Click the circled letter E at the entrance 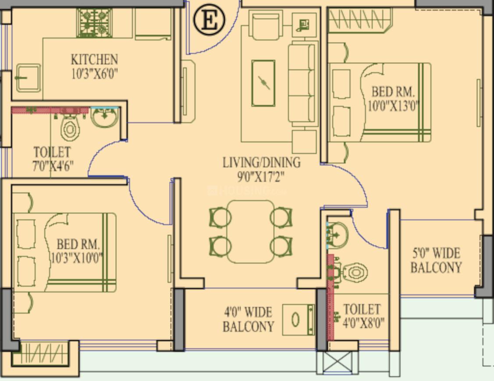(x=209, y=20)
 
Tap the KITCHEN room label (x=94, y=59)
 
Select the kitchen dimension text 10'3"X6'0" (x=94, y=73)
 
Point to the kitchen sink (x=28, y=78)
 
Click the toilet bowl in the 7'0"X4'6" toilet (x=70, y=128)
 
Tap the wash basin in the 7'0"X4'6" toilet (x=105, y=117)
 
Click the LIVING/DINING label (x=262, y=162)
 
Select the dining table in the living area (x=251, y=231)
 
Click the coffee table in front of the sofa (x=263, y=83)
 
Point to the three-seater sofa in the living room (x=302, y=83)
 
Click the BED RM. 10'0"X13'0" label (x=393, y=99)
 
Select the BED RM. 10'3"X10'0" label (x=77, y=250)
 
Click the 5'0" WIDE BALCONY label (x=436, y=260)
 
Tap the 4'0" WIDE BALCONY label (x=248, y=319)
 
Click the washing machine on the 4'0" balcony (x=298, y=320)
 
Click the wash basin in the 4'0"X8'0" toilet (x=338, y=236)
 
